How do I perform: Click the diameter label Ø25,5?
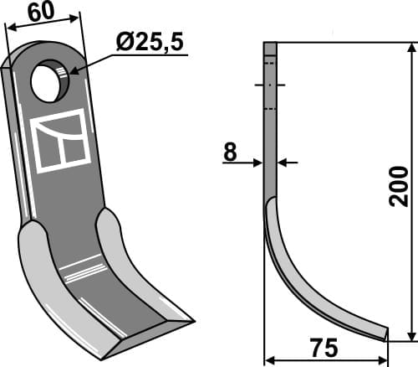[150, 43]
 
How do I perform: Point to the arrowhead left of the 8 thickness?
[259, 163]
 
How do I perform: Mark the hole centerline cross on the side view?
[270, 85]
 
